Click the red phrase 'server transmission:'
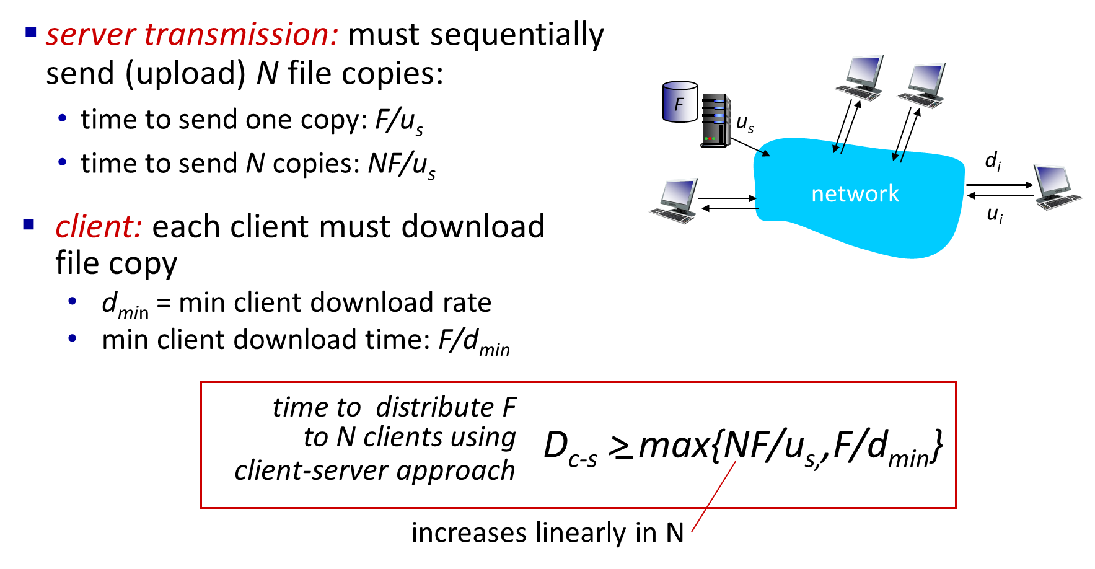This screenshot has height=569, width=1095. pyautogui.click(x=192, y=34)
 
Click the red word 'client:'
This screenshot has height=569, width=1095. pyautogui.click(x=99, y=226)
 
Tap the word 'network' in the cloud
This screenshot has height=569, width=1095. pyautogui.click(x=855, y=194)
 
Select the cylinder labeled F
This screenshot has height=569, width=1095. pyautogui.click(x=680, y=102)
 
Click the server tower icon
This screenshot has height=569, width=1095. pyautogui.click(x=716, y=120)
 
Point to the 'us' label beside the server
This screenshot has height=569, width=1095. pyautogui.click(x=745, y=123)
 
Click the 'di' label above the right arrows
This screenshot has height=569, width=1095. pyautogui.click(x=993, y=161)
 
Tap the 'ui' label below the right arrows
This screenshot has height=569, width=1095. pyautogui.click(x=995, y=214)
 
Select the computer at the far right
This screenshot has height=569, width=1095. pyautogui.click(x=1057, y=187)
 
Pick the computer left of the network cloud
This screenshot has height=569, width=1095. pyautogui.click(x=674, y=201)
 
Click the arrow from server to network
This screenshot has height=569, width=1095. pyautogui.click(x=751, y=148)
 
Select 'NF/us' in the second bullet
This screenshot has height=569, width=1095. pyautogui.click(x=402, y=165)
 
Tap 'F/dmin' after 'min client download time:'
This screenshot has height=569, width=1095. pyautogui.click(x=474, y=342)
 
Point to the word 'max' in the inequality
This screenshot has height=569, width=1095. pyautogui.click(x=675, y=446)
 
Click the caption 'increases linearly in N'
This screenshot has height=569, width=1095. pyautogui.click(x=548, y=533)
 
